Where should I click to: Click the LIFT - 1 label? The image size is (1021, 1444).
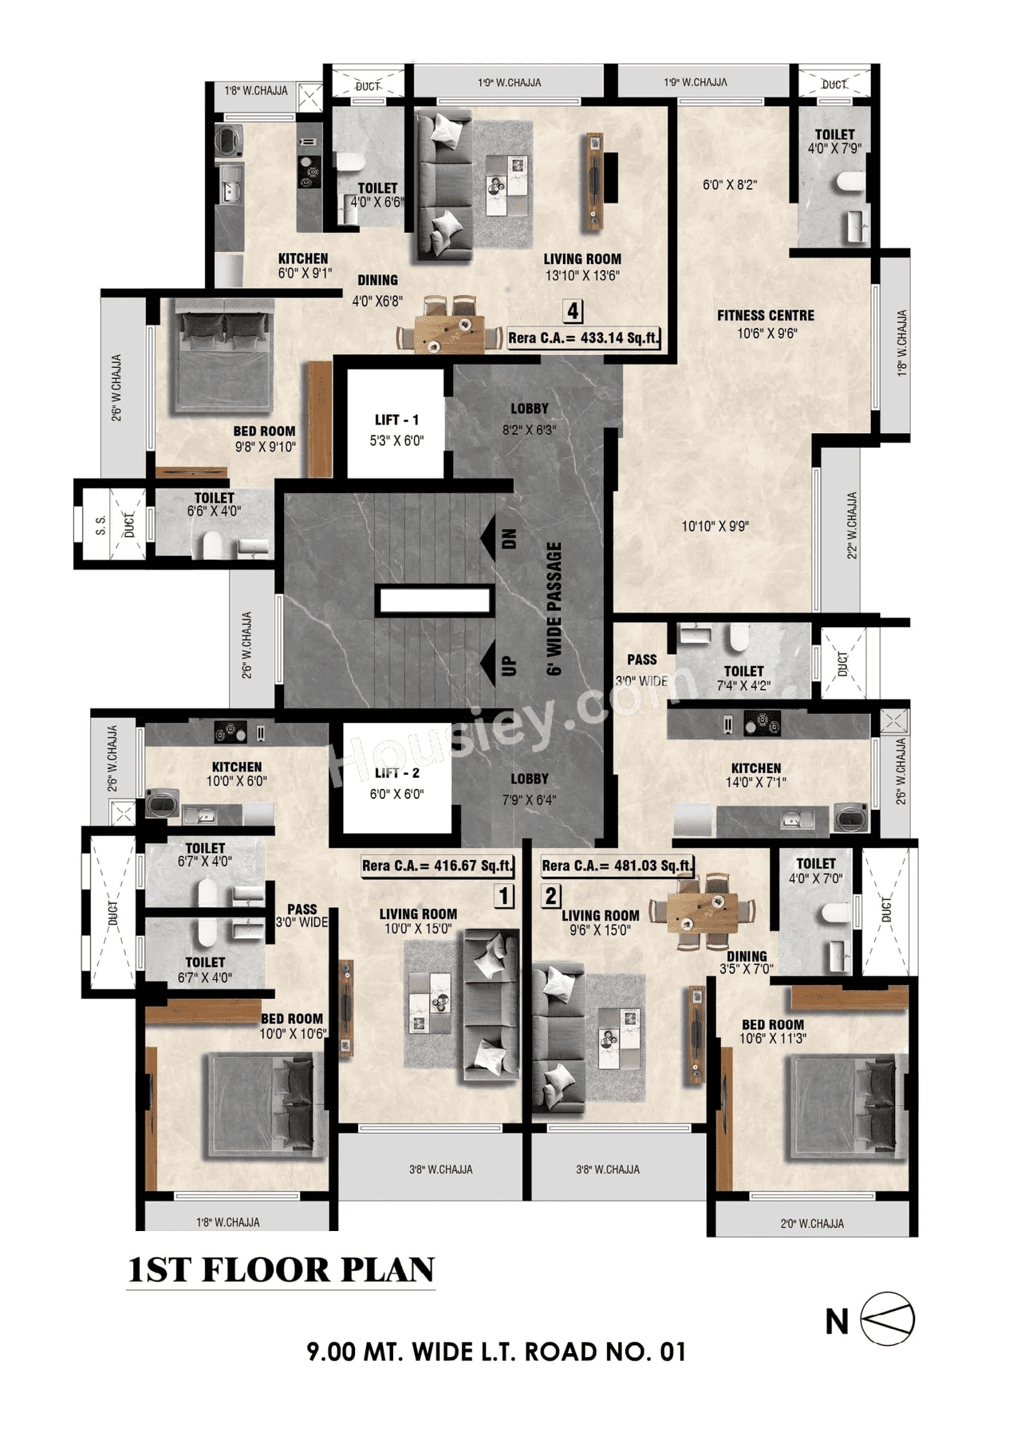point(396,420)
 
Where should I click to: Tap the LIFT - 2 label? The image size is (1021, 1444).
point(396,773)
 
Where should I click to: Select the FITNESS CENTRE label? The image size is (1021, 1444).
point(765,316)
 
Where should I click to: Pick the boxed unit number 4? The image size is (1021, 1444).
point(573,310)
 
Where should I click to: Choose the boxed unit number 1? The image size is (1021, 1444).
point(504,896)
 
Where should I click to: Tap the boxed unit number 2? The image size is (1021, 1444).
point(551,896)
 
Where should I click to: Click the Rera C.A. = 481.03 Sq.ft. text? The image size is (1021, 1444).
point(617,866)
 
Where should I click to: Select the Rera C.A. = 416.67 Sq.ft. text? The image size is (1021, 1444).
point(438,866)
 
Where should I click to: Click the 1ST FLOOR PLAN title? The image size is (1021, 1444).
point(281,1270)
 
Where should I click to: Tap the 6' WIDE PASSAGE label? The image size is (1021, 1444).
point(554,608)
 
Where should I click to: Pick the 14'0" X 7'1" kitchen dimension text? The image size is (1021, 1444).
point(755,783)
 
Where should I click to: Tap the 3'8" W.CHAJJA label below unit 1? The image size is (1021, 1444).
point(440,1170)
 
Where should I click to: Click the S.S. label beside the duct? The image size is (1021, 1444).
point(101,525)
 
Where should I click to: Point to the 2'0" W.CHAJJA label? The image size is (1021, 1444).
point(811,1223)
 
